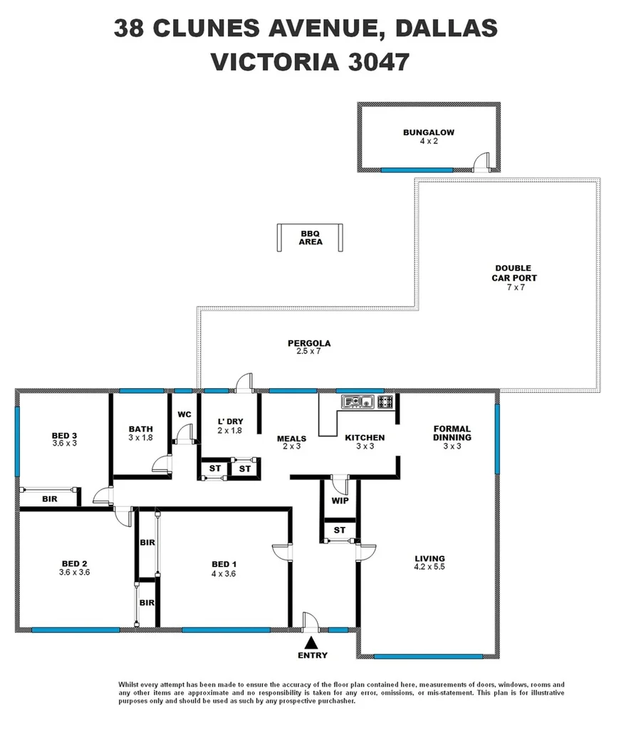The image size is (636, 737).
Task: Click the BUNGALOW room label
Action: click(x=428, y=132)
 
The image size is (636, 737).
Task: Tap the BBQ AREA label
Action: click(x=311, y=238)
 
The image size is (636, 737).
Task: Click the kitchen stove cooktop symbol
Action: click(x=385, y=402)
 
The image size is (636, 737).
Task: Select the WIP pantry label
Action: click(x=340, y=501)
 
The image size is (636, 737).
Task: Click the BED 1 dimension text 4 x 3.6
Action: click(x=223, y=573)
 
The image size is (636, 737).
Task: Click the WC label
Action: click(x=184, y=414)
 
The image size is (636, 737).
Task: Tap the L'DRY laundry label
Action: click(x=230, y=422)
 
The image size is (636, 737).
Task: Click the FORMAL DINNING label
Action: click(x=452, y=433)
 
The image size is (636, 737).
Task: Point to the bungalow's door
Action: click(x=483, y=162)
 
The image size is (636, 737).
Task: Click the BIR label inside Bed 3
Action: click(x=49, y=499)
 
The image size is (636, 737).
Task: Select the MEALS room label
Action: click(x=291, y=439)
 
